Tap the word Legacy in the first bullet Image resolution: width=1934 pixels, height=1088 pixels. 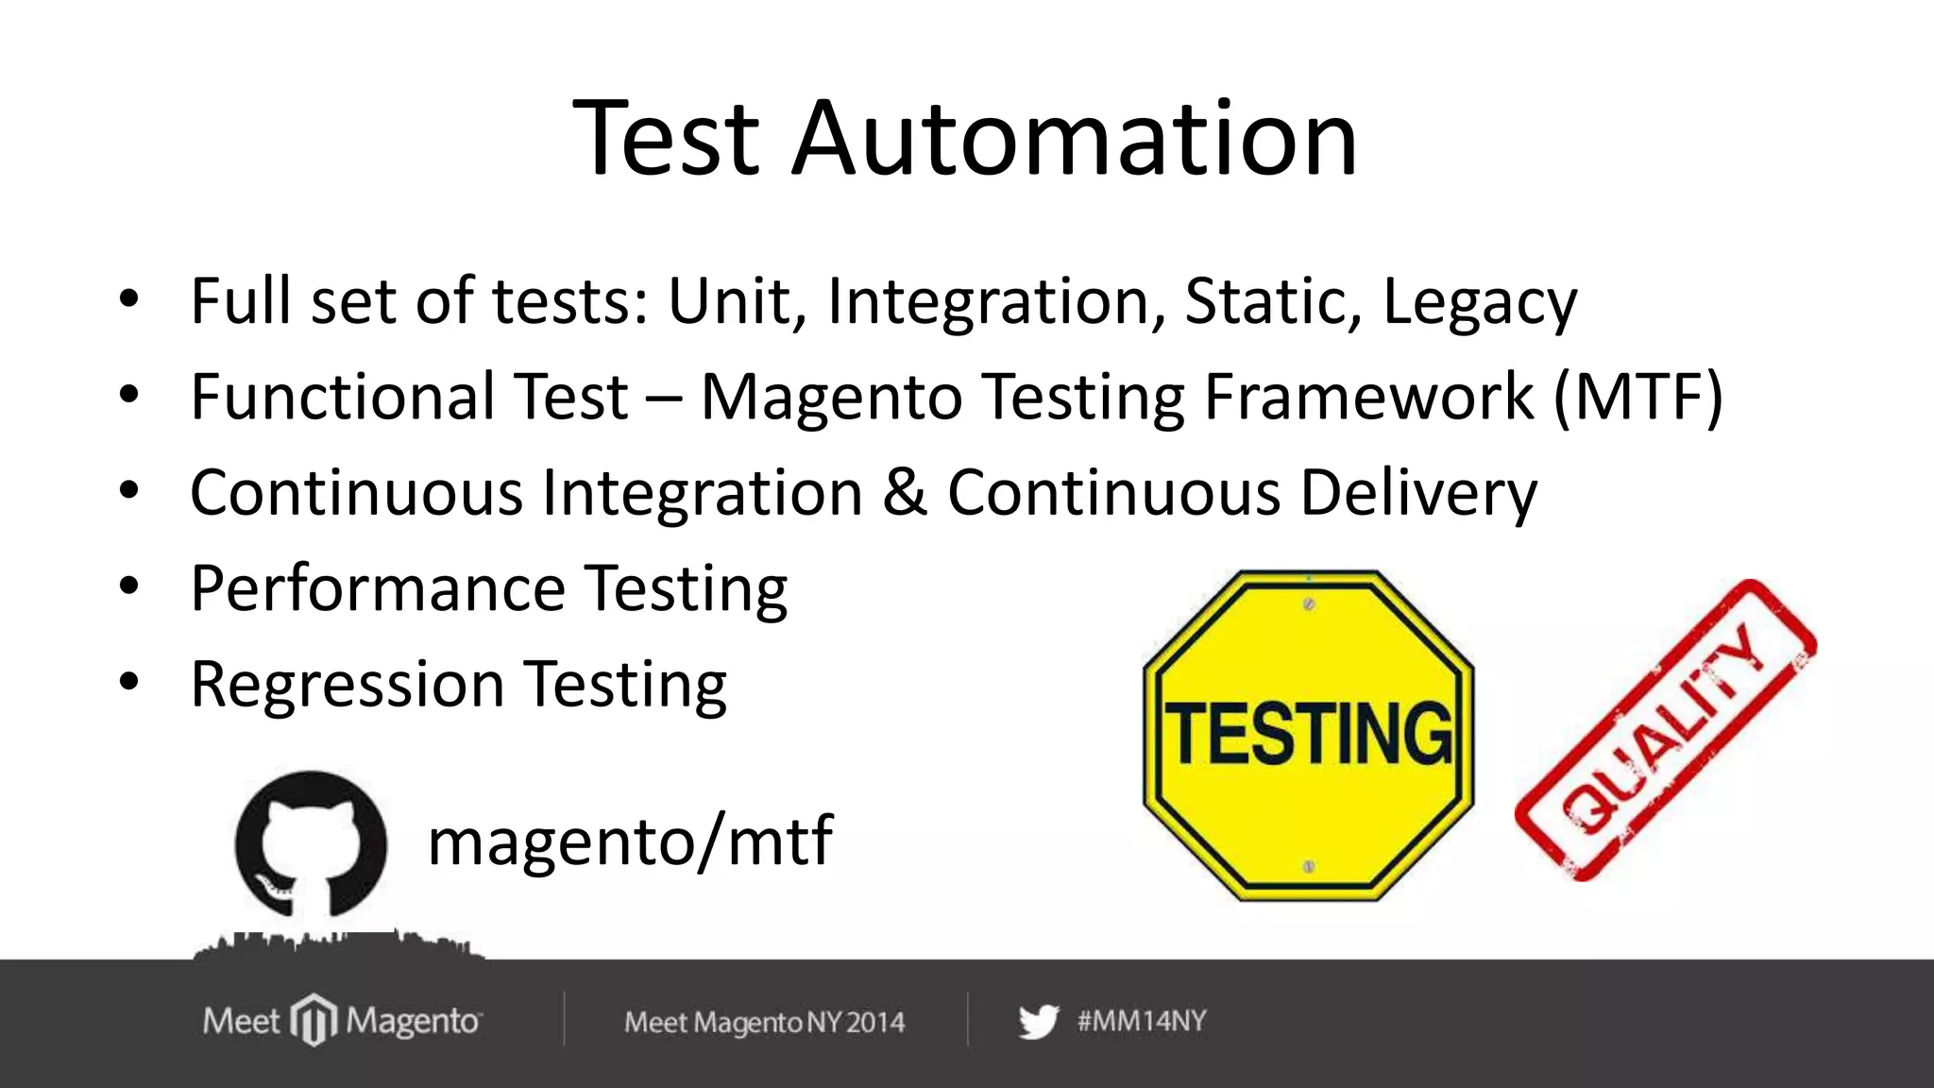pyautogui.click(x=1479, y=302)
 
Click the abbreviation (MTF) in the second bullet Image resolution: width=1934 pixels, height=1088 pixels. pyautogui.click(x=1638, y=397)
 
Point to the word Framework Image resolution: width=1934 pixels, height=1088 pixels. pyautogui.click(x=1369, y=397)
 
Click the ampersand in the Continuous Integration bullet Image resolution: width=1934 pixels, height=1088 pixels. pyautogui.click(x=905, y=493)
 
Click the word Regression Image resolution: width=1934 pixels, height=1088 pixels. pyautogui.click(x=348, y=686)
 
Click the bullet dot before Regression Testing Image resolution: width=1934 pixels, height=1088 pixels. pyautogui.click(x=129, y=681)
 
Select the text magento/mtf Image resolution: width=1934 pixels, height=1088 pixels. pyautogui.click(x=630, y=841)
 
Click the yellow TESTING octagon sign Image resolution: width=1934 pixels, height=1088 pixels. pyautogui.click(x=1309, y=735)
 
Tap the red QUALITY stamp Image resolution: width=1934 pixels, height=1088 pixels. pyautogui.click(x=1665, y=730)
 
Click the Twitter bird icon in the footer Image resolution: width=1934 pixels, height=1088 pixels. pyautogui.click(x=1039, y=1022)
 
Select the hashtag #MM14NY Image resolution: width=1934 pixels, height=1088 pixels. pyautogui.click(x=1142, y=1021)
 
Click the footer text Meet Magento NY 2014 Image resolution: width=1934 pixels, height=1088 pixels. pyautogui.click(x=764, y=1022)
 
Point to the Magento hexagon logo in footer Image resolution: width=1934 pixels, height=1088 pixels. pyautogui.click(x=314, y=1021)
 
